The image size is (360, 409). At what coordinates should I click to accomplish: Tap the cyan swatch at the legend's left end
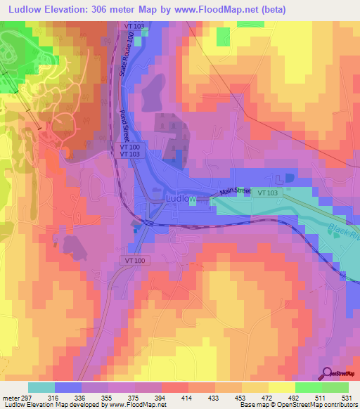[41, 387]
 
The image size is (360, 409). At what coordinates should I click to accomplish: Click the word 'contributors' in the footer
[340, 405]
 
